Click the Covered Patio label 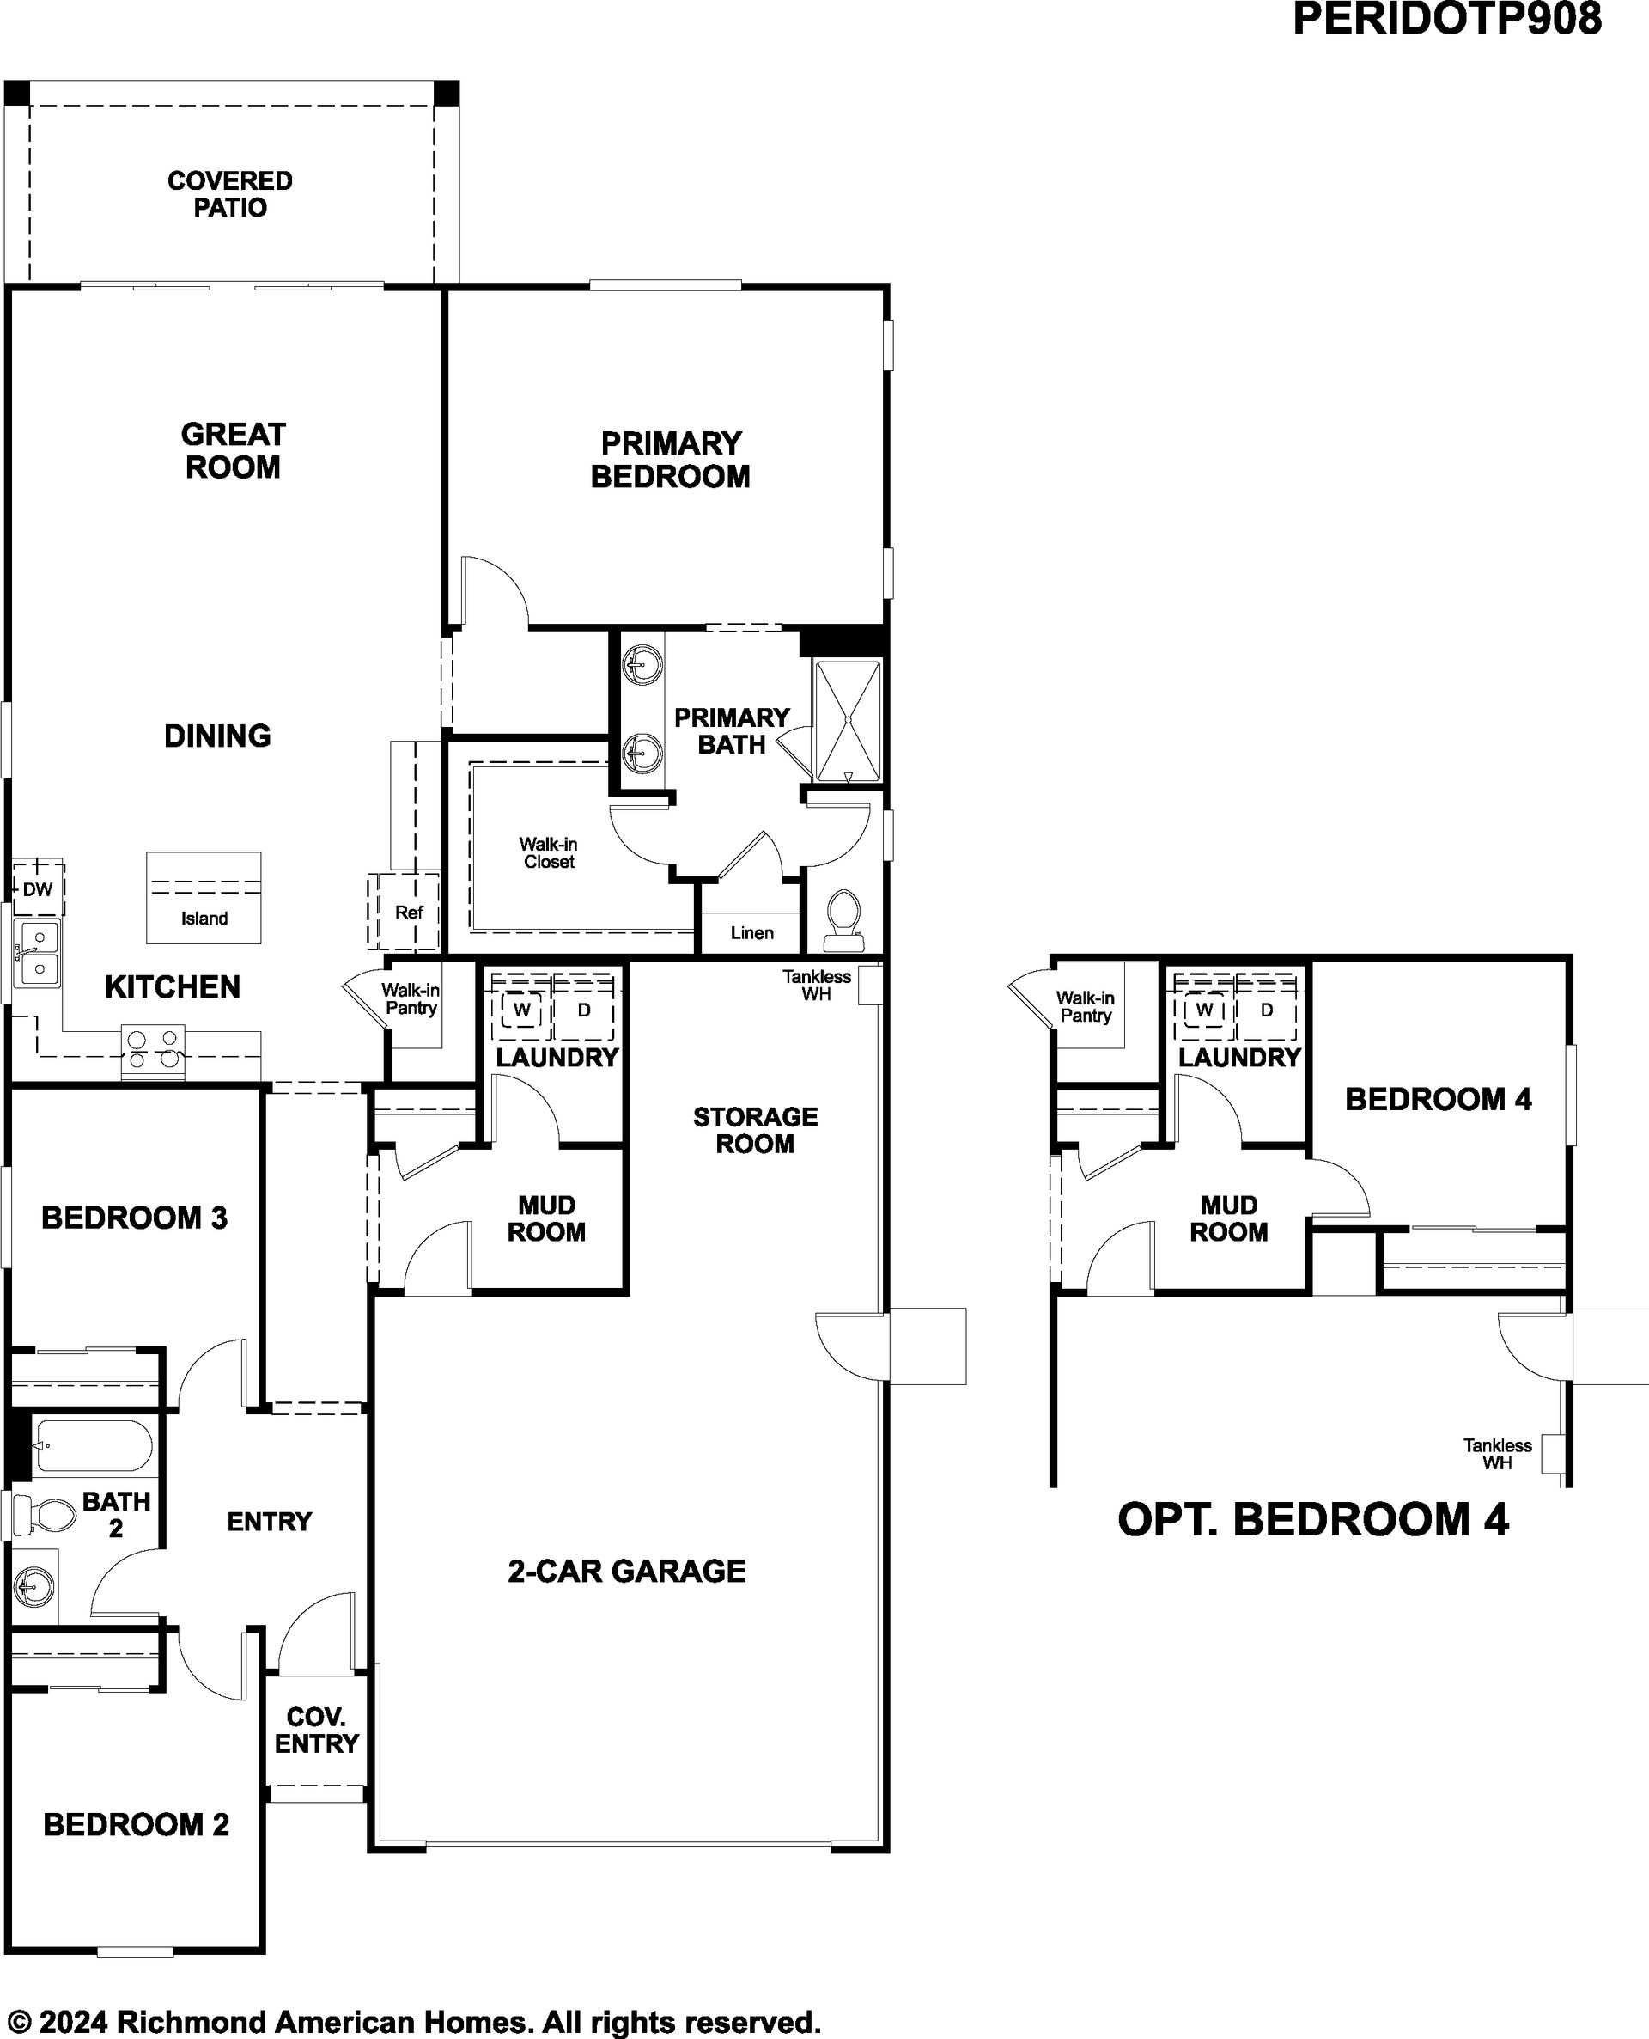point(230,194)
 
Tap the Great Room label point(233,450)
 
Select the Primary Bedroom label point(671,460)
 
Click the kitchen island point(204,898)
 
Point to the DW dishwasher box point(38,889)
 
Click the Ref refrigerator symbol point(405,911)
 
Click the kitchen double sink point(35,954)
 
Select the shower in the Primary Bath point(849,721)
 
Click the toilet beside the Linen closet point(843,919)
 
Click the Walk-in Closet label point(548,852)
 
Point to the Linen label point(752,933)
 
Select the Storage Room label point(755,1130)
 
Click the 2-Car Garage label point(627,1571)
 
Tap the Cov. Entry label point(316,1731)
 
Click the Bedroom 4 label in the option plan point(1438,1099)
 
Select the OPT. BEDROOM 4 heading point(1312,1518)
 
